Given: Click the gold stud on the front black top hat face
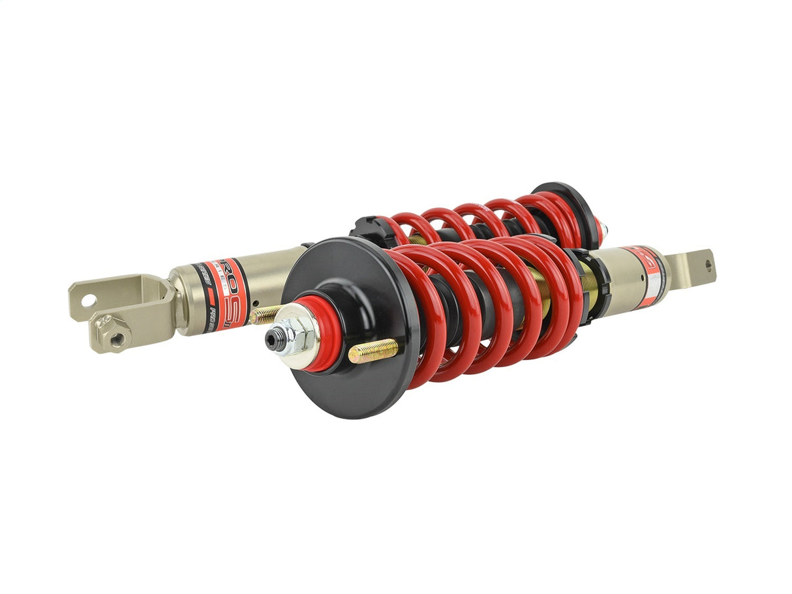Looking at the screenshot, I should point(373,351).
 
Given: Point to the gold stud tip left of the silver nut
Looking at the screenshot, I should point(262,316).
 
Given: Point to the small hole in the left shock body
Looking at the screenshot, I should point(259,303).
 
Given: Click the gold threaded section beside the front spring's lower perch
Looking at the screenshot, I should point(590,287).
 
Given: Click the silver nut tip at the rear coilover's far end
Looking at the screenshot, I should point(605,229).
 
